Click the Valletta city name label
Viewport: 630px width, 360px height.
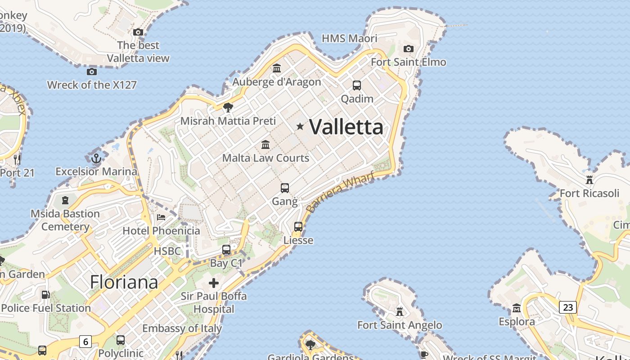[346, 127]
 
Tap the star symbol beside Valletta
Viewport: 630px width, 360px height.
[300, 127]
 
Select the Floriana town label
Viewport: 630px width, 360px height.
[124, 282]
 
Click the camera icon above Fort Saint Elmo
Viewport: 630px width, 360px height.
[409, 49]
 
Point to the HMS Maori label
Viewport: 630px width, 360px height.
[350, 39]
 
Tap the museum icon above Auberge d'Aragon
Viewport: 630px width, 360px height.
[277, 68]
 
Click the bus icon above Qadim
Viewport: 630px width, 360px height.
[357, 85]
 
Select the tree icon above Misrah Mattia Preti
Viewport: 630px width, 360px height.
[228, 107]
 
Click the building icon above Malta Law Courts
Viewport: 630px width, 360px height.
[265, 145]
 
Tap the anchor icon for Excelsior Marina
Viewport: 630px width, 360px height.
[96, 158]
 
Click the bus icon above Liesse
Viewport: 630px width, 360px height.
[298, 227]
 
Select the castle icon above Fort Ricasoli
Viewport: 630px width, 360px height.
[589, 180]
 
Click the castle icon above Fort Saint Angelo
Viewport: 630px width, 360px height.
[399, 311]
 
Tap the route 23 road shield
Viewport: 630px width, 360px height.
[568, 307]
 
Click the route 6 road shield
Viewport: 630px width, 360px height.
[85, 342]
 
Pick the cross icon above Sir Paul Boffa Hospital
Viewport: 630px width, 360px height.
[214, 283]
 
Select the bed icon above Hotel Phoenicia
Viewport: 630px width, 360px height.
[161, 217]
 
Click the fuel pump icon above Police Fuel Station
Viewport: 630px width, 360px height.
[45, 295]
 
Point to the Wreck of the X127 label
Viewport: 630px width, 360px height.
[92, 85]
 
